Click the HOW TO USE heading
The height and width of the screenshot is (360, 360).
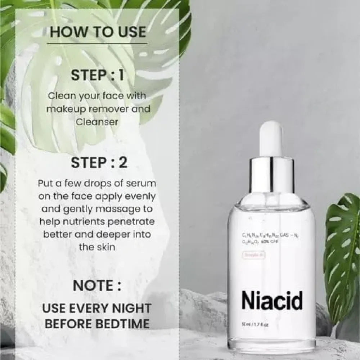click(x=98, y=32)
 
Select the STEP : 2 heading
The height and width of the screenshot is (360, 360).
click(x=98, y=163)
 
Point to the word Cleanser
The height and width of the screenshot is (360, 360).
click(x=97, y=122)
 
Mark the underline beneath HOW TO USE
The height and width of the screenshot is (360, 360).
click(x=98, y=44)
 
